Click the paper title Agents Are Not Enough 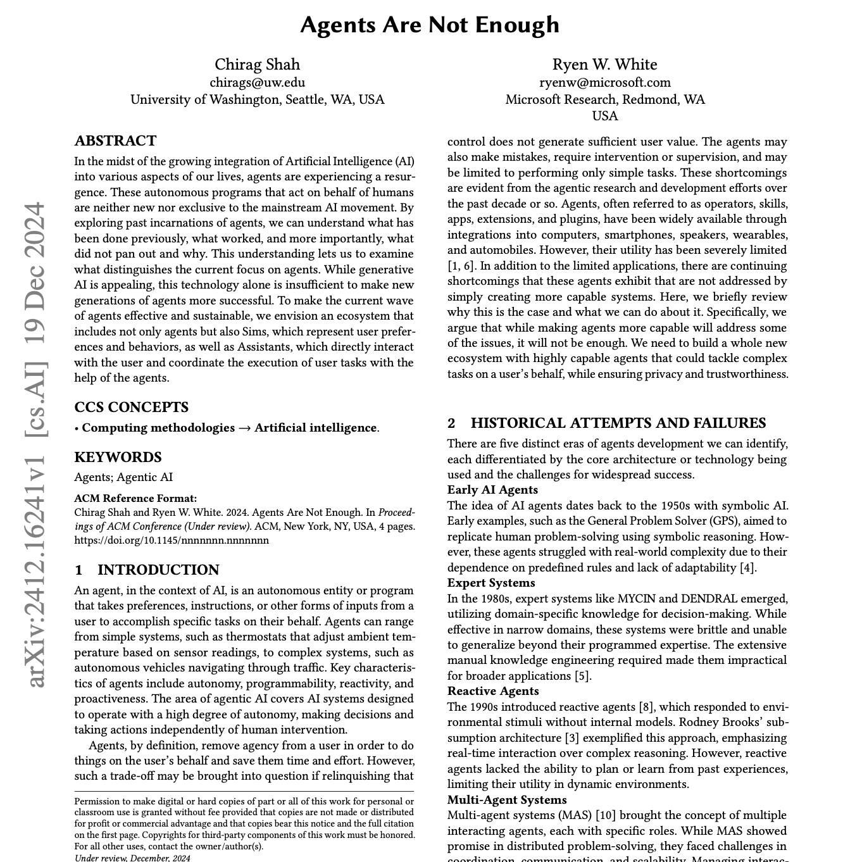pyautogui.click(x=430, y=25)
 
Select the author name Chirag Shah pyautogui.click(x=257, y=65)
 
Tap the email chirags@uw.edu pyautogui.click(x=257, y=82)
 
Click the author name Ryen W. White pyautogui.click(x=604, y=65)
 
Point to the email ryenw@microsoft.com pyautogui.click(x=604, y=82)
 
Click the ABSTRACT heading pyautogui.click(x=115, y=141)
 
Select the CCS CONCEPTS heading pyautogui.click(x=131, y=407)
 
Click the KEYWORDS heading pyautogui.click(x=118, y=457)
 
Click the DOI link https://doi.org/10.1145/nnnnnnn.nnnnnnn pyautogui.click(x=171, y=540)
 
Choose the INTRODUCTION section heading pyautogui.click(x=158, y=570)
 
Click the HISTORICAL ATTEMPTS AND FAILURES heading pyautogui.click(x=618, y=423)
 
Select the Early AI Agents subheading pyautogui.click(x=492, y=490)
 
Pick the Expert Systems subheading pyautogui.click(x=491, y=583)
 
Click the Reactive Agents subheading pyautogui.click(x=493, y=691)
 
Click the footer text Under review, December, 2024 pyautogui.click(x=132, y=858)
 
